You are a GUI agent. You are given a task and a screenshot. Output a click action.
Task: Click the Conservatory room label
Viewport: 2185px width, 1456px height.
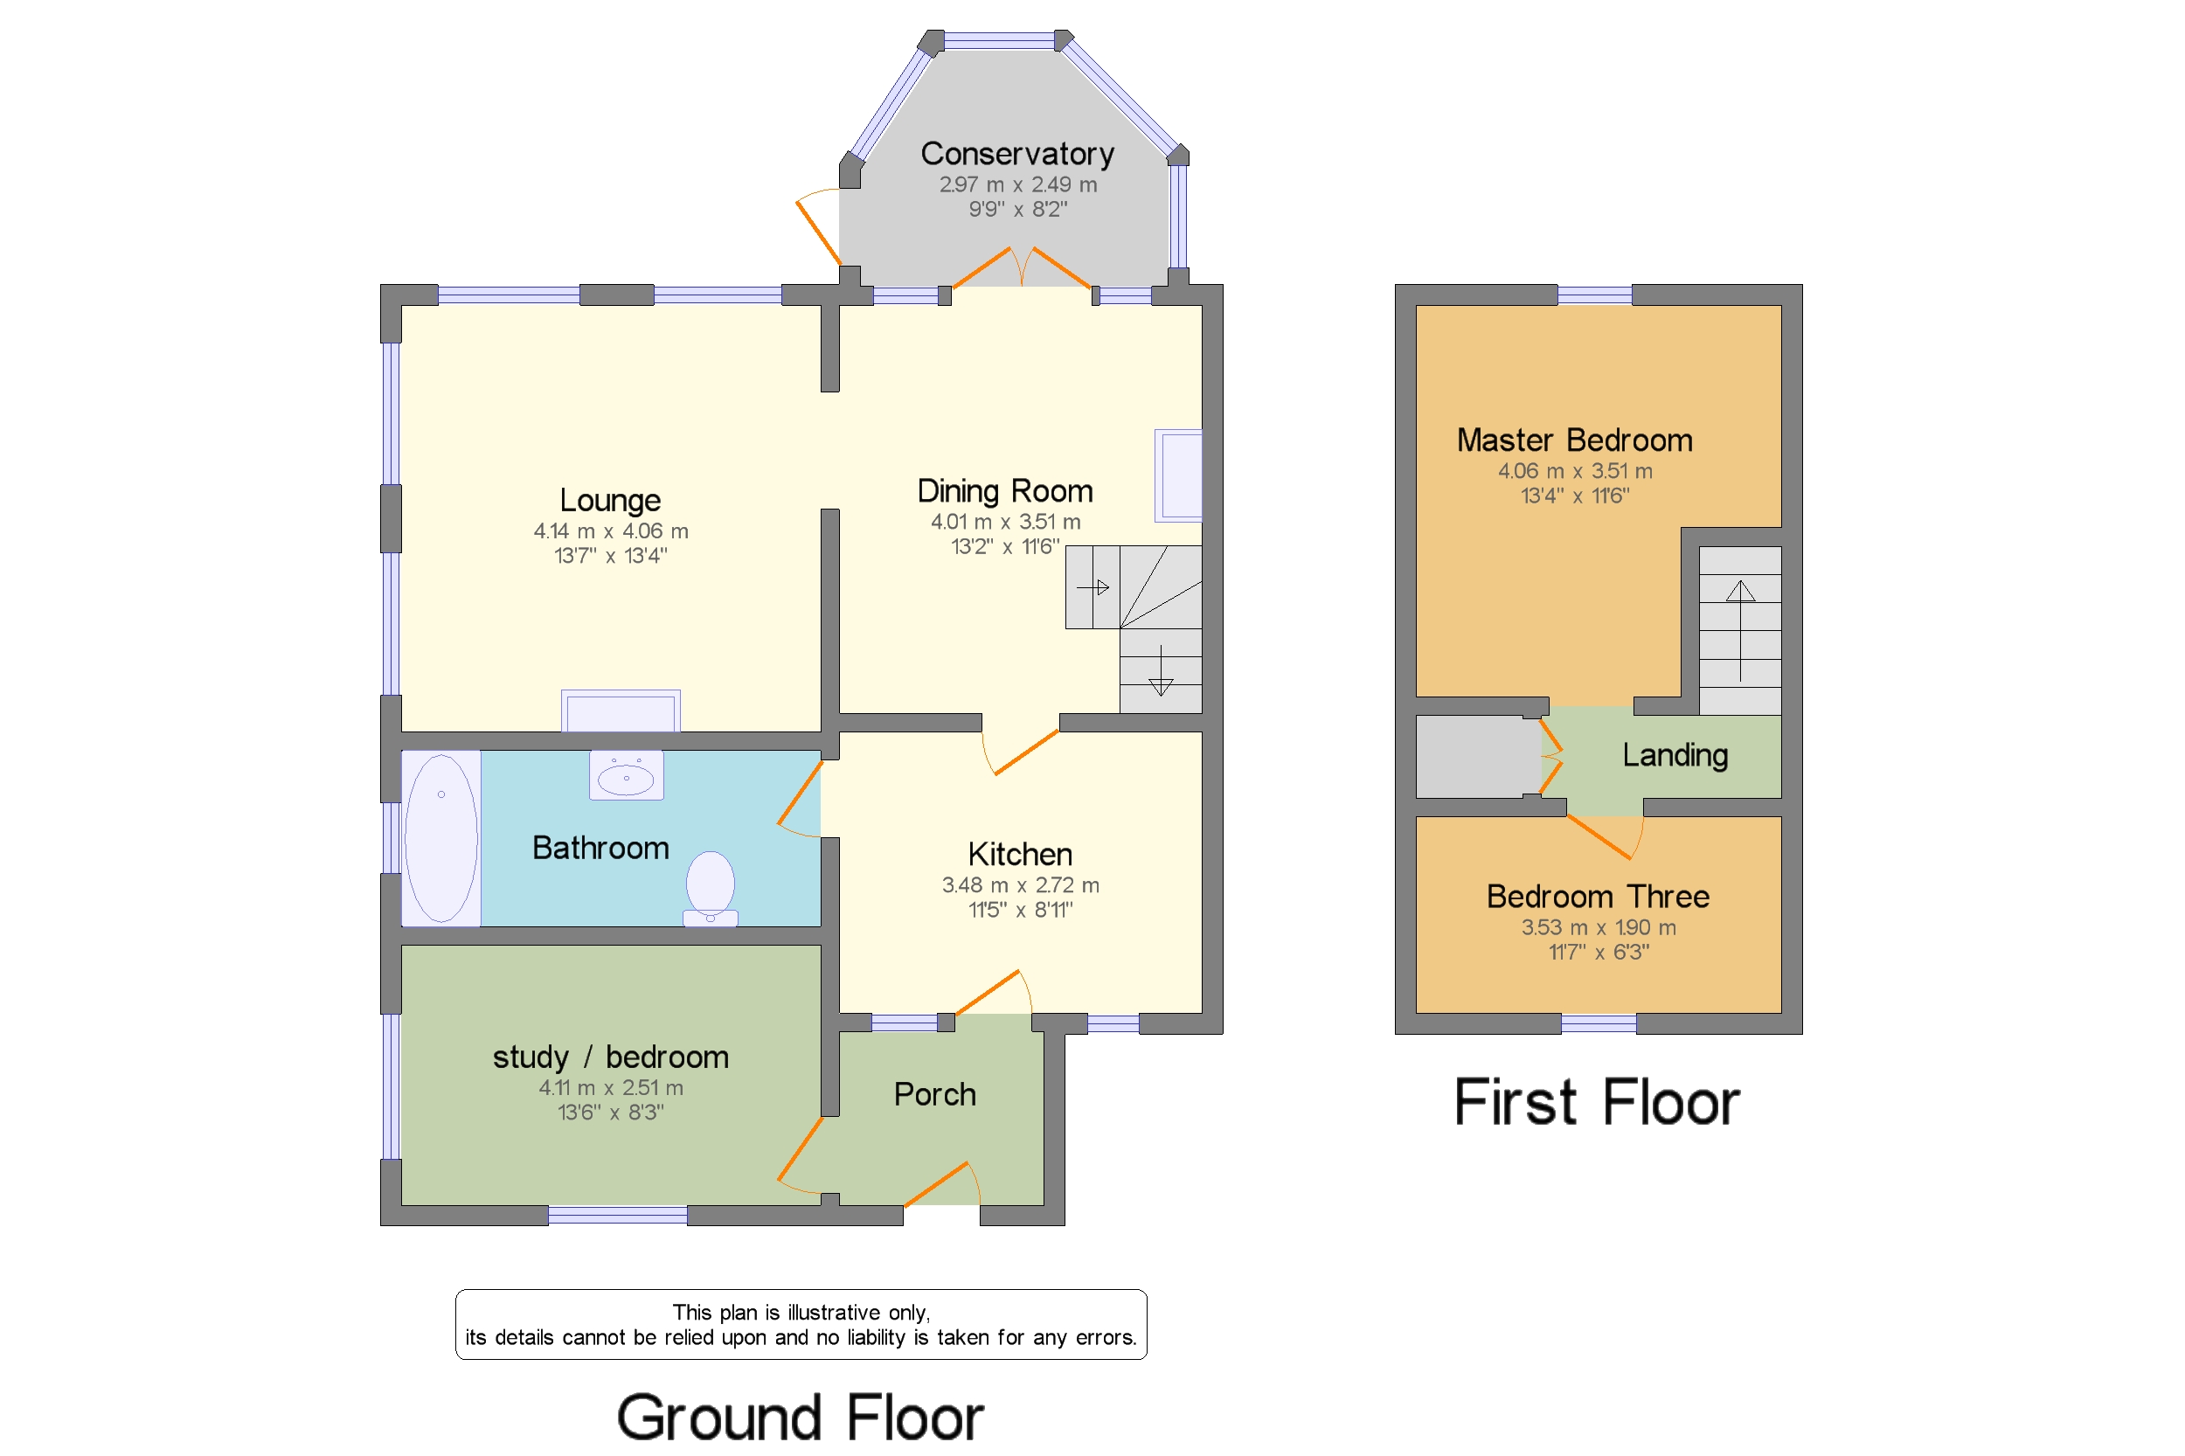[x=1016, y=153]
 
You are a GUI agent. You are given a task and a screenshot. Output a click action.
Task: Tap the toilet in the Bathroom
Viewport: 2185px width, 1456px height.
[x=711, y=888]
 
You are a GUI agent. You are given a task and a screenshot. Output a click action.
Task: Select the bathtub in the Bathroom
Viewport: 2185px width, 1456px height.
[x=441, y=837]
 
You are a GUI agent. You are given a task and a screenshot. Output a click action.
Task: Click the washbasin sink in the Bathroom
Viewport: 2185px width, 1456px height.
[x=626, y=775]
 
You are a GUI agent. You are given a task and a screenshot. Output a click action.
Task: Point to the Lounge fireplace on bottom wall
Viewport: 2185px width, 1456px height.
[x=621, y=711]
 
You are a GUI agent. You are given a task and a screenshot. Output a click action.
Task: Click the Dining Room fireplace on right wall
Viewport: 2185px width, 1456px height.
[x=1178, y=475]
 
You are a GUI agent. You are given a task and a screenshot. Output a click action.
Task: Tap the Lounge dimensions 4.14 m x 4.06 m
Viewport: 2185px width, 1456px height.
[x=610, y=531]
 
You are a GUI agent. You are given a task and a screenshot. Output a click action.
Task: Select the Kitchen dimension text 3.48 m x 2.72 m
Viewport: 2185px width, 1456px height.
[x=1020, y=885]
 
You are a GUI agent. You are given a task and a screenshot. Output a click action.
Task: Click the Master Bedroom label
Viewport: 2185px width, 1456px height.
[x=1574, y=440]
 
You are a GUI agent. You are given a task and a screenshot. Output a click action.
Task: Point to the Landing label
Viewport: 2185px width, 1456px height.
[x=1675, y=755]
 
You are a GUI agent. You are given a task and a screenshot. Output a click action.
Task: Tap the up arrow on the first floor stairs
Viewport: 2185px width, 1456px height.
[x=1739, y=593]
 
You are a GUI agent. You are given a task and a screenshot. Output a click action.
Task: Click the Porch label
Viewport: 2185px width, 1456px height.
[x=934, y=1094]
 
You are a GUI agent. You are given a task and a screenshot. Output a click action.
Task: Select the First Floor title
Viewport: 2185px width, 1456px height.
[x=1596, y=1102]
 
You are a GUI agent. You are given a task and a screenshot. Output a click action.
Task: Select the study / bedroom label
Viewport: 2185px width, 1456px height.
[x=610, y=1057]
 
